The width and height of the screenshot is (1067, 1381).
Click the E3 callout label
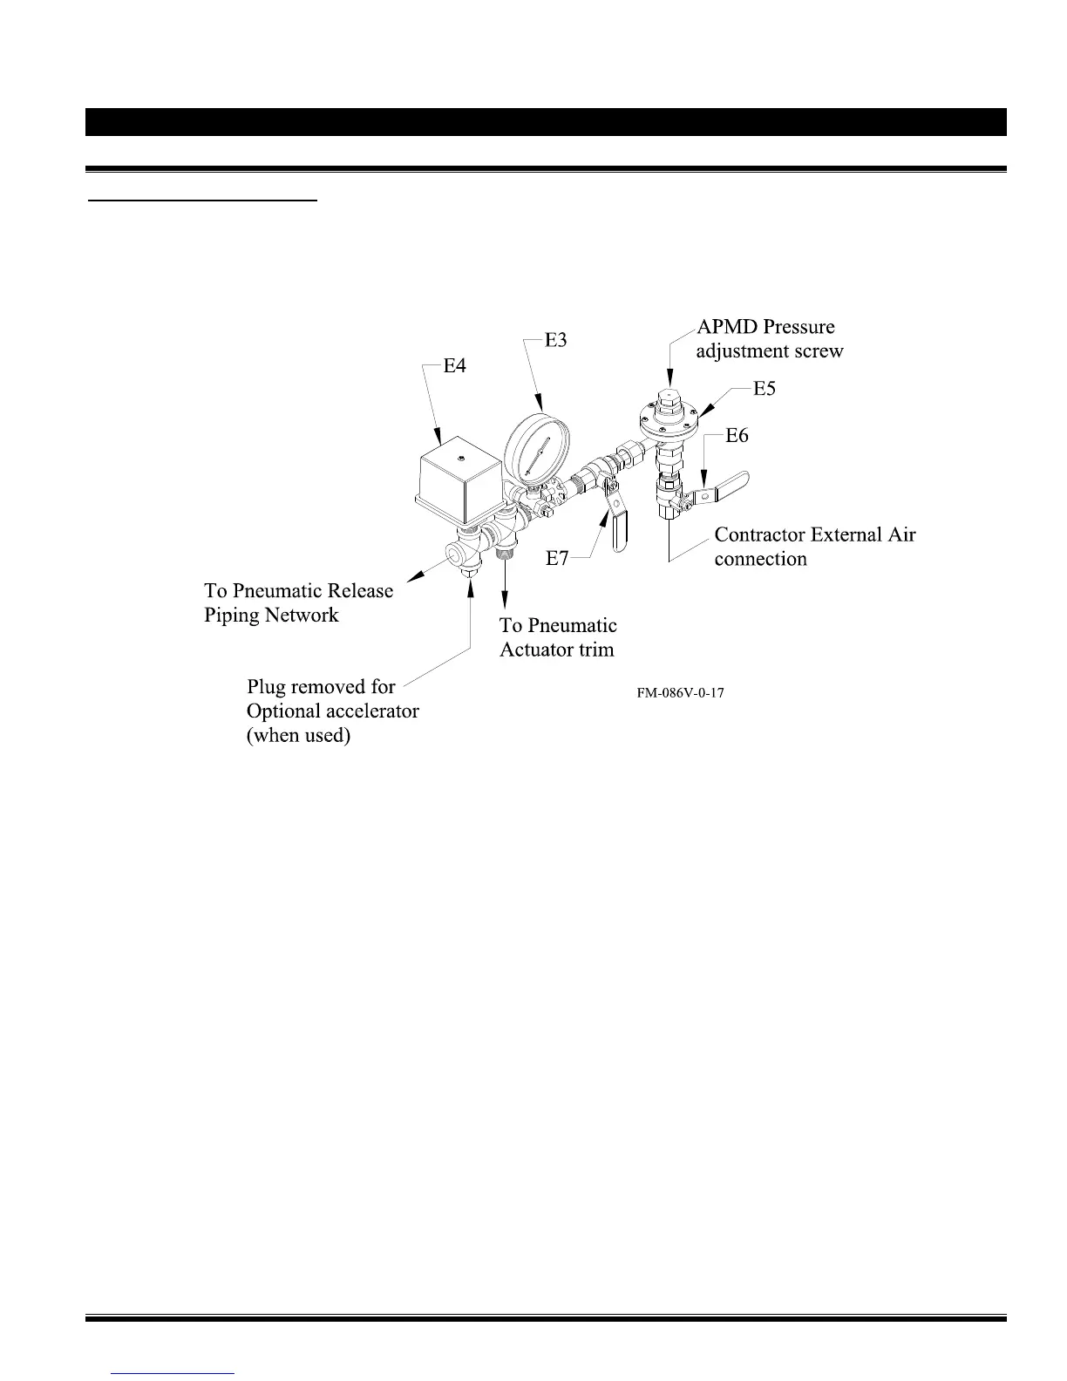556,340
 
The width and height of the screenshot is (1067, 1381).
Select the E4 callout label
455,366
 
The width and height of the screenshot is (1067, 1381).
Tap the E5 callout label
765,389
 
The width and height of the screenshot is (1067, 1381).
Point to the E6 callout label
737,435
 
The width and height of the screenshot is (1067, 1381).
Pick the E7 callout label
557,559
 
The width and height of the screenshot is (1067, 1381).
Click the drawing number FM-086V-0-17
681,693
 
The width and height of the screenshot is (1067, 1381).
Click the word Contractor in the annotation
762,534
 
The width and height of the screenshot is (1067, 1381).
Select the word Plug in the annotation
267,687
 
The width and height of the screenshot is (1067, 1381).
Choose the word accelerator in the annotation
370,711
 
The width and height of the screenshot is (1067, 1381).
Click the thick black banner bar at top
546,122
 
